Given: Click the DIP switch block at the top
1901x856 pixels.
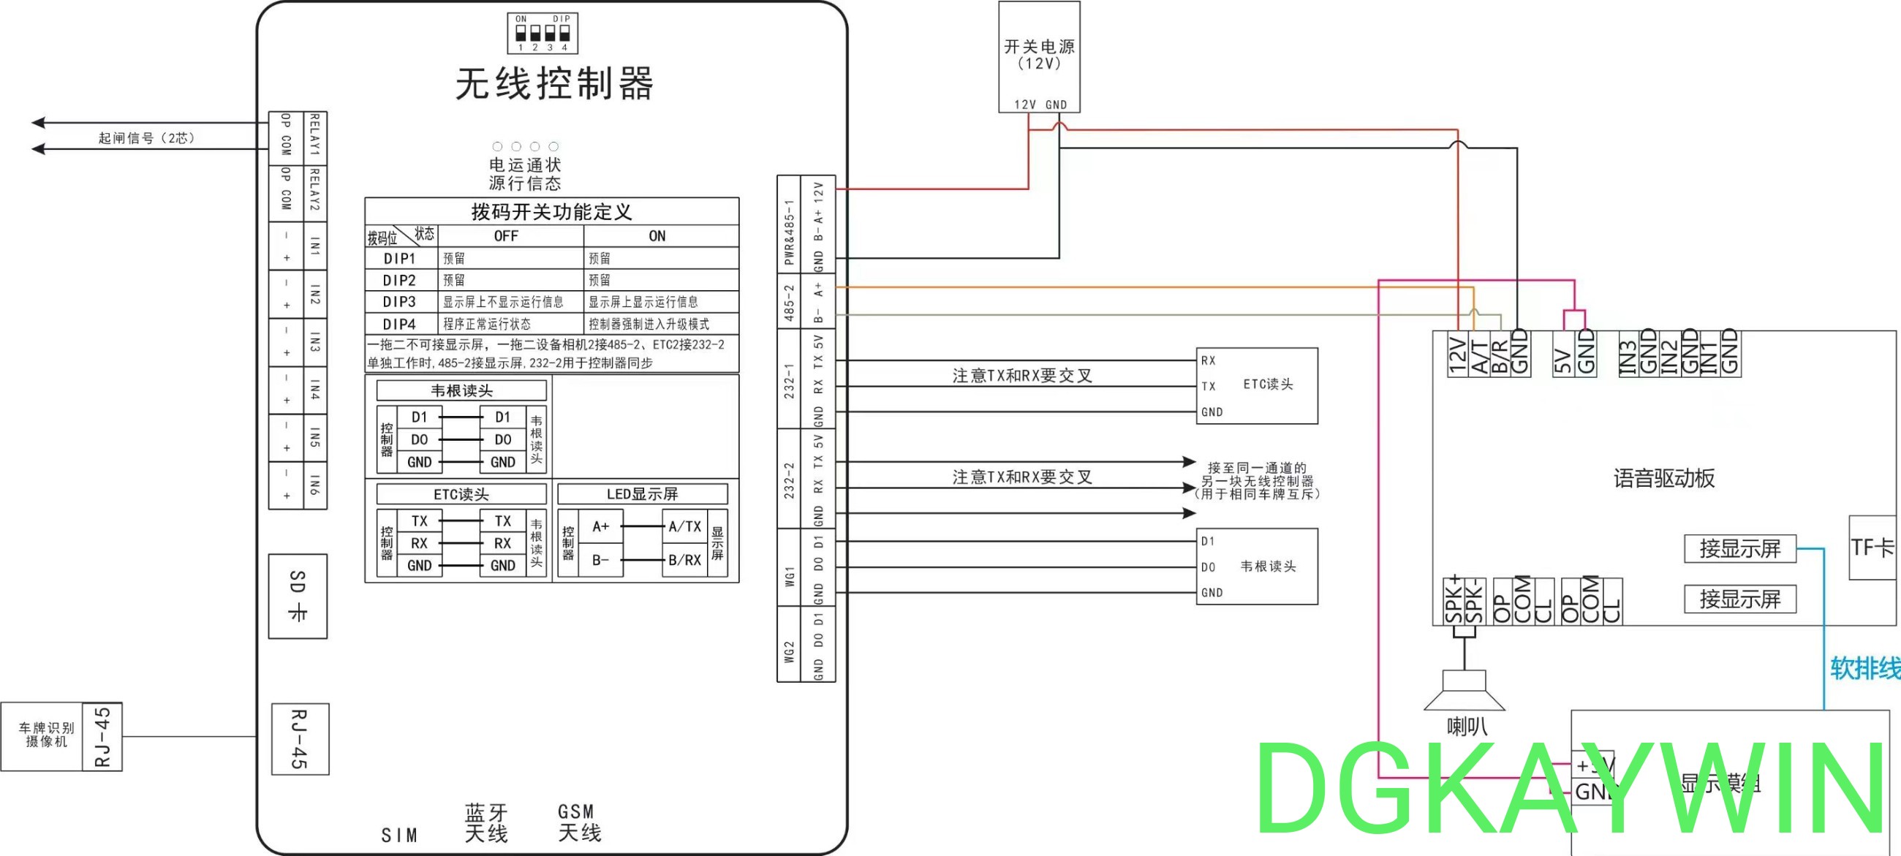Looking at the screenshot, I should [543, 33].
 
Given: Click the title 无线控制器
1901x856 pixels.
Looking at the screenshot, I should [554, 83].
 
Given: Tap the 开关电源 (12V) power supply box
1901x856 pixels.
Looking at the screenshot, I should [1039, 56].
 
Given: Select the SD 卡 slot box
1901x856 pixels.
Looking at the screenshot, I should [298, 596].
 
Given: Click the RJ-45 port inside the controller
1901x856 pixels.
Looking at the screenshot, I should [300, 738].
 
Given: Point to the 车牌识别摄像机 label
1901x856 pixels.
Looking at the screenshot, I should [46, 735].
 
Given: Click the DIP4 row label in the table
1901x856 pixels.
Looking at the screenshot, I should [399, 324].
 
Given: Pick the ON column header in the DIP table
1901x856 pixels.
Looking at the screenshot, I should [657, 236].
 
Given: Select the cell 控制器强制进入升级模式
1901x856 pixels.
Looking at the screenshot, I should [648, 324].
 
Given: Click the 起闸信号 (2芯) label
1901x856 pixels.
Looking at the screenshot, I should [146, 138].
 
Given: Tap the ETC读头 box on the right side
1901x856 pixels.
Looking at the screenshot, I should [1257, 385].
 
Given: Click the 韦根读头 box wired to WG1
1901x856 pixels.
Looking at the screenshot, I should [1257, 566].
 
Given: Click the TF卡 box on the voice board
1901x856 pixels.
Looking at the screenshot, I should [1872, 547].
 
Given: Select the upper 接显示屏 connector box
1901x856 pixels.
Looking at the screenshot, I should [1739, 548].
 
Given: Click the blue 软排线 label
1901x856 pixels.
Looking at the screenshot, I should [1864, 669].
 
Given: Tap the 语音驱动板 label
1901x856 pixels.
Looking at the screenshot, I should [1663, 478].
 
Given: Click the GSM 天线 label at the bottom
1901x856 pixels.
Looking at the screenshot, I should [579, 822].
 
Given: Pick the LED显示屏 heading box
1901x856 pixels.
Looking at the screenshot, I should [642, 493].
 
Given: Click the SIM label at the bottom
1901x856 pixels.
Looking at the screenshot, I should [399, 835].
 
